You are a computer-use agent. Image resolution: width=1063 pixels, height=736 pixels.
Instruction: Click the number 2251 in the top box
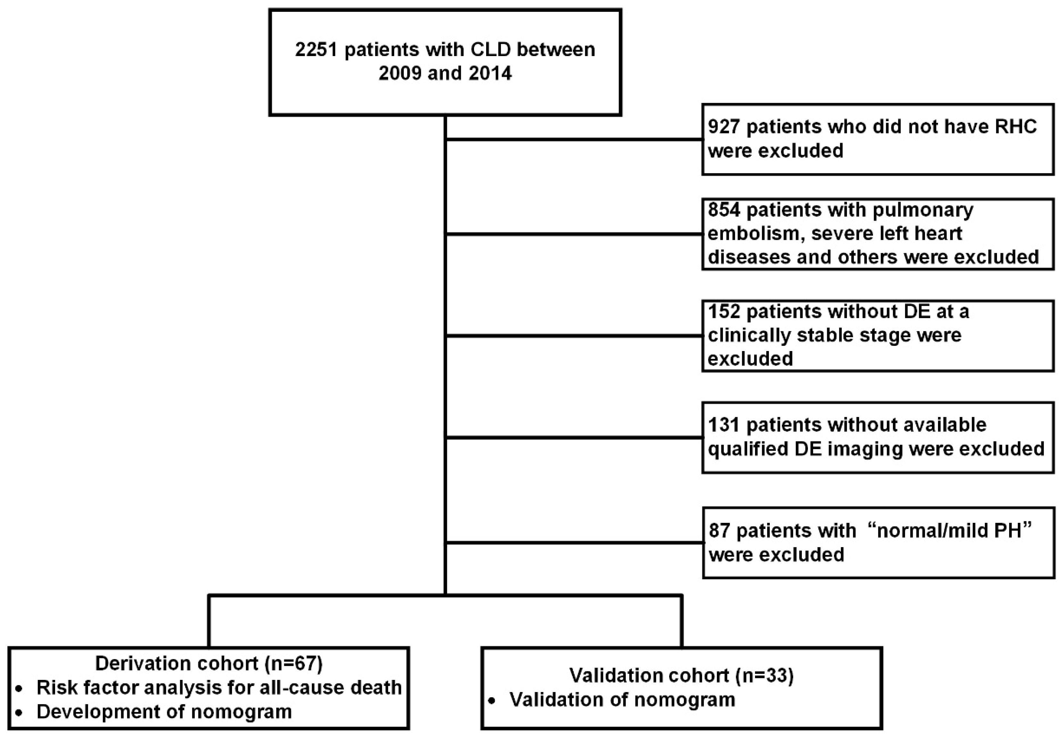coord(316,49)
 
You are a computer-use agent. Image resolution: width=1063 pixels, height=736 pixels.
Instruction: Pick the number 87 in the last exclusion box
coord(719,531)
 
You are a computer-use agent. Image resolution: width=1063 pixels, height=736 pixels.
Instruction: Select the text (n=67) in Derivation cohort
coord(294,664)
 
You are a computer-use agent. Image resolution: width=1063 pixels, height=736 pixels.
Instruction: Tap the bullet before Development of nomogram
coord(19,713)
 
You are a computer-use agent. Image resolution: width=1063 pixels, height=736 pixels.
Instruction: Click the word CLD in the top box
coord(487,49)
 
